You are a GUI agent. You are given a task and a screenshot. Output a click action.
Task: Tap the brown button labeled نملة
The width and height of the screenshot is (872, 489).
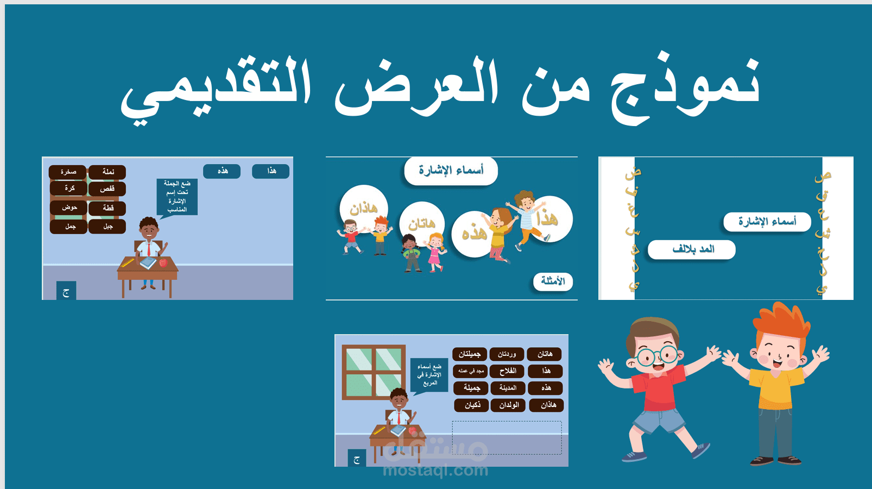click(x=108, y=172)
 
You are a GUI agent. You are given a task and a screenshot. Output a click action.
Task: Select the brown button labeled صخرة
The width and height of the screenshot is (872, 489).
click(x=68, y=172)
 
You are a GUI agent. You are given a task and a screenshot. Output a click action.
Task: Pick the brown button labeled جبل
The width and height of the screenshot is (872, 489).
click(x=108, y=227)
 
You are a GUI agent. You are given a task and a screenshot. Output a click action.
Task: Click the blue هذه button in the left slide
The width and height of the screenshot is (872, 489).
click(x=222, y=171)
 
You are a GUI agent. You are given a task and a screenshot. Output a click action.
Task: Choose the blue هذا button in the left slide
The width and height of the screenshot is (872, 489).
click(x=271, y=171)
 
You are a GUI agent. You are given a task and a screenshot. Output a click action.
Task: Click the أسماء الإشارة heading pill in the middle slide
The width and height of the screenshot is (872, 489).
click(x=451, y=171)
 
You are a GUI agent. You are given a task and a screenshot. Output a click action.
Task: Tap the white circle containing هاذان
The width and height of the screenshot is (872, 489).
click(x=364, y=208)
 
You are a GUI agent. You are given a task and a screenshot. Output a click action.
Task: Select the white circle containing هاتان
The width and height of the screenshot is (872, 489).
click(x=422, y=223)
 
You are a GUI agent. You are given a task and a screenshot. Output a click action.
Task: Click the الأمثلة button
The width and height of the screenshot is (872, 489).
click(x=553, y=281)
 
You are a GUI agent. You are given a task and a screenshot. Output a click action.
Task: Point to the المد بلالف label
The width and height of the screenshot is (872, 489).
click(x=692, y=249)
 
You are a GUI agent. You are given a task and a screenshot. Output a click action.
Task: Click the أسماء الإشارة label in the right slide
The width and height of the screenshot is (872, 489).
click(x=767, y=222)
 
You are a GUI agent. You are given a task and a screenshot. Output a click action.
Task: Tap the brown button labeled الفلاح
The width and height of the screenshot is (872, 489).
click(x=507, y=371)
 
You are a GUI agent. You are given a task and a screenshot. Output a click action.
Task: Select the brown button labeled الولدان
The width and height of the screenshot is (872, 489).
click(x=508, y=405)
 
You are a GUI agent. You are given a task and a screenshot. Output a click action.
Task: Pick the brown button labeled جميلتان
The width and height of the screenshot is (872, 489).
click(x=470, y=354)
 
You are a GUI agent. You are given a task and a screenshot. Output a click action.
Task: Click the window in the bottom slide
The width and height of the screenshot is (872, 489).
click(x=374, y=372)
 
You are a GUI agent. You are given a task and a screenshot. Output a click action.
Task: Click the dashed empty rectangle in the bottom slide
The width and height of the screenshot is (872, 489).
click(x=507, y=437)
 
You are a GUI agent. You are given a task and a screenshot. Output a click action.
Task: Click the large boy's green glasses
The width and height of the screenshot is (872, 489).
click(x=657, y=356)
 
